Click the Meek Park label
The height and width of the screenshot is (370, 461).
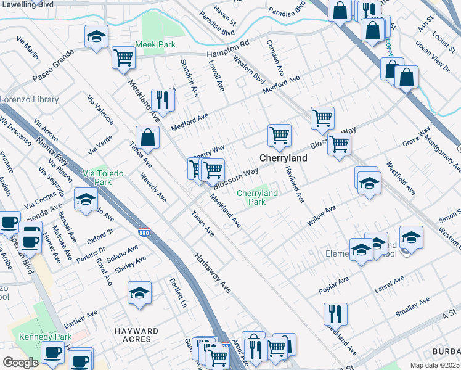click(x=155, y=44)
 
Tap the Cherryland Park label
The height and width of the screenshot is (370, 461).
click(x=258, y=197)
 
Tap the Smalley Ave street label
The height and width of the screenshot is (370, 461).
click(x=412, y=306)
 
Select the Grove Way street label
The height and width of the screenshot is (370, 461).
click(x=416, y=137)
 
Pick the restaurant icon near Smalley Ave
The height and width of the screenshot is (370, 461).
click(x=335, y=313)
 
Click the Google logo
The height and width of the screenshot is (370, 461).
click(x=20, y=363)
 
